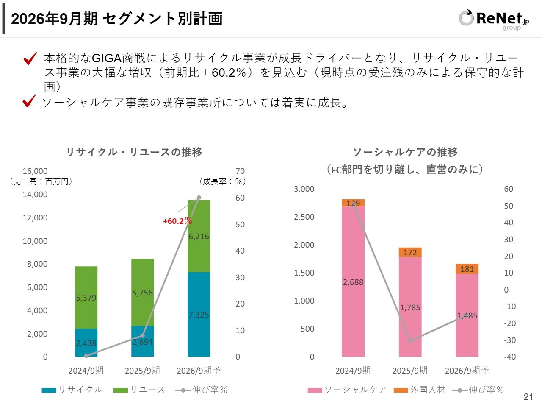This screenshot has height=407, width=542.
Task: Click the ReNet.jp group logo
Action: pos(493,19)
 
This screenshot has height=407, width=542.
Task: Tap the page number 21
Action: pos(528,397)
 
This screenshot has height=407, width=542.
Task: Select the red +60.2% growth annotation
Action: pos(177,221)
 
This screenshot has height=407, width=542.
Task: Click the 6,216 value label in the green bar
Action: pos(199,237)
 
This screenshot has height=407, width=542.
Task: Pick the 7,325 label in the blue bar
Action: pos(199,315)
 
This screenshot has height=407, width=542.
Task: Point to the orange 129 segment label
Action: pos(353,203)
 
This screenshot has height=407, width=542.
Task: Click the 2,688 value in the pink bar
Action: pos(353,282)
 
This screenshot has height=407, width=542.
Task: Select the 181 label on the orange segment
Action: pos(467,269)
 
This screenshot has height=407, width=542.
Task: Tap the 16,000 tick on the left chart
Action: pos(35,171)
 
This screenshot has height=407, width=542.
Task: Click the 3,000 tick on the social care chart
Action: pos(304,189)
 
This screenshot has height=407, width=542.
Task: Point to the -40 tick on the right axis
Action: pos(510,357)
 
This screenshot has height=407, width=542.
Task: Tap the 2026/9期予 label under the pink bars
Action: pos(467,371)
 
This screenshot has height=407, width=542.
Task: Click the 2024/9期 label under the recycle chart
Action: pos(86,371)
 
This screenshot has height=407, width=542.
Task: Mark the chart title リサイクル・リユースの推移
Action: pos(134,152)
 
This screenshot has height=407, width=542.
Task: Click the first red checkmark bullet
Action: pos(30,59)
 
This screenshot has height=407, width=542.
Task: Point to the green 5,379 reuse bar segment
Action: pos(86,298)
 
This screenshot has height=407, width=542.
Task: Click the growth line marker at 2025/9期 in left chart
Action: pos(143,336)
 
